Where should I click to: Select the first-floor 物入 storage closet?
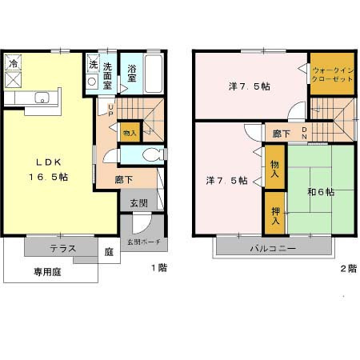(x=130, y=131)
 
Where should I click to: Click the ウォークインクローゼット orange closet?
(x=331, y=75)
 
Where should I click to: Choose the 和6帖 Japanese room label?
(x=319, y=191)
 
